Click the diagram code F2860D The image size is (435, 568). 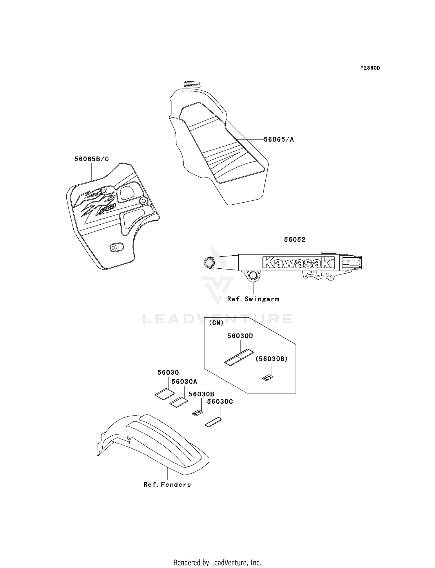click(370, 68)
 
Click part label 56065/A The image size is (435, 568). click(278, 140)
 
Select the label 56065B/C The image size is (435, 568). click(92, 159)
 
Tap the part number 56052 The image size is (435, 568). click(294, 239)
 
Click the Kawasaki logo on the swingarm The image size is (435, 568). click(298, 263)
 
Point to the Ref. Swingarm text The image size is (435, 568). click(253, 299)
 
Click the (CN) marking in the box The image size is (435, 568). click(216, 323)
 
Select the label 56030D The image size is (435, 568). click(240, 336)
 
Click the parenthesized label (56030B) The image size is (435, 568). click(271, 359)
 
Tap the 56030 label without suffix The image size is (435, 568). click(168, 372)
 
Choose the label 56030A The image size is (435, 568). click(184, 382)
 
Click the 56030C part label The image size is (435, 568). click(220, 402)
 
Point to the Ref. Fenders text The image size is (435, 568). click(167, 484)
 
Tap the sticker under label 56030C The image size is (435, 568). click(213, 422)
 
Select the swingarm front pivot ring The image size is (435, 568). click(209, 263)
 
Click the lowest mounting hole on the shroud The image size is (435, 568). click(117, 247)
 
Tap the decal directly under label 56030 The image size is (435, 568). click(164, 394)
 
